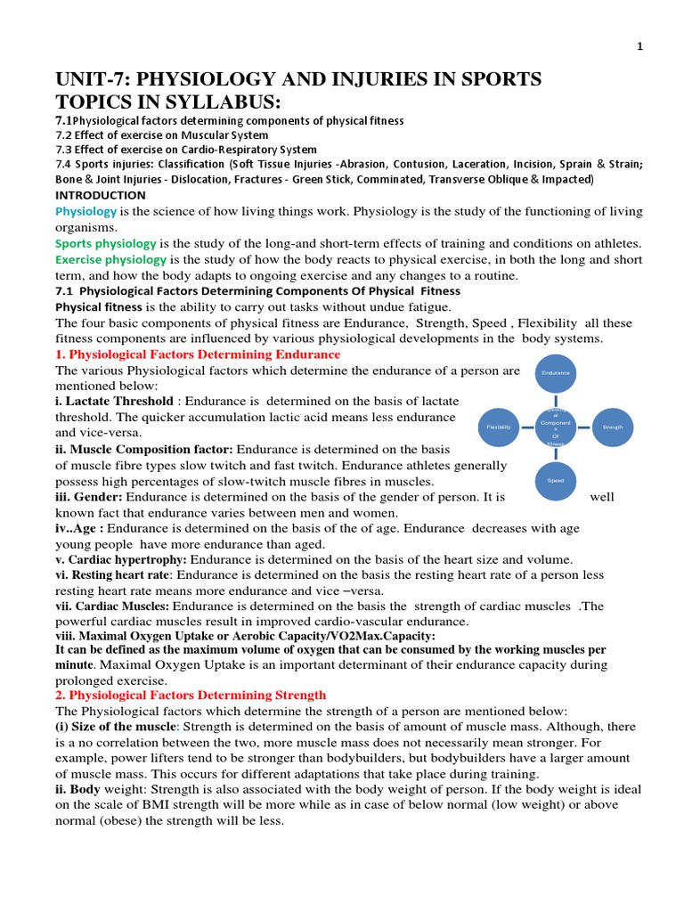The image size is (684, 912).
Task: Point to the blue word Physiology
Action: click(86, 211)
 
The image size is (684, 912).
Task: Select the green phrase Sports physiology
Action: click(106, 243)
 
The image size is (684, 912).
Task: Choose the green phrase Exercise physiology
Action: click(111, 259)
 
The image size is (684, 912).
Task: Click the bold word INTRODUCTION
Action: click(101, 194)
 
